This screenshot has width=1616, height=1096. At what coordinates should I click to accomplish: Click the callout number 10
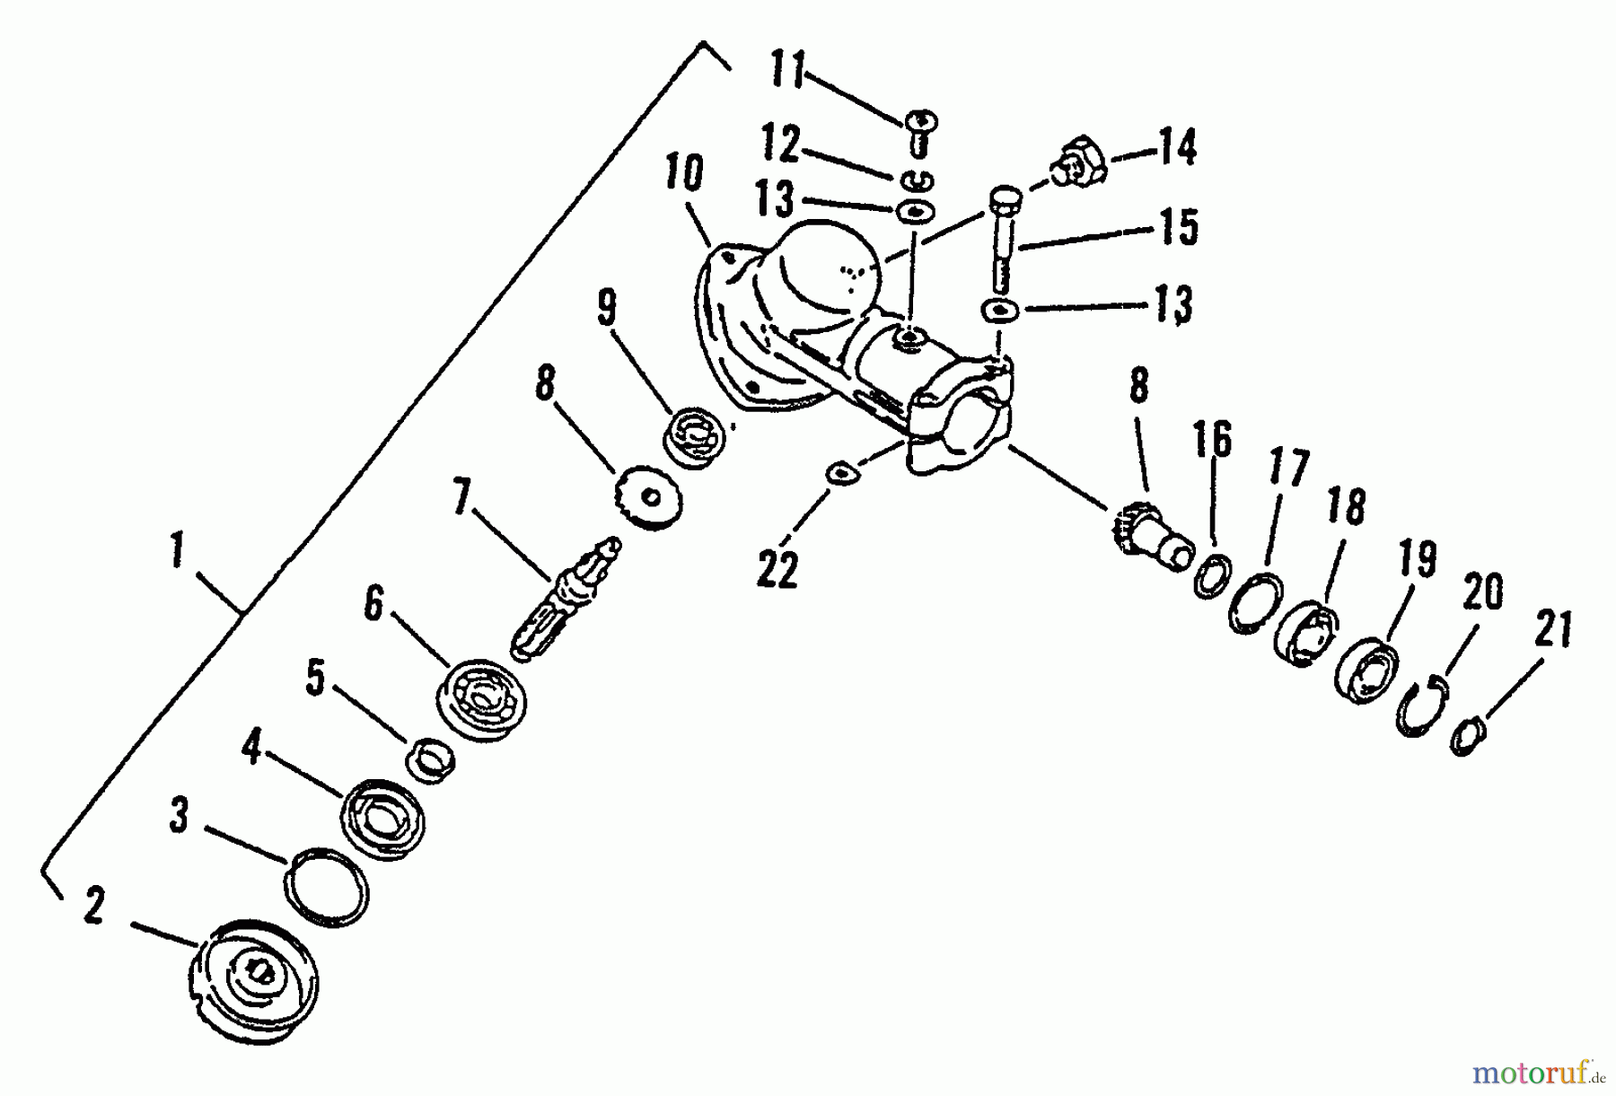(x=685, y=174)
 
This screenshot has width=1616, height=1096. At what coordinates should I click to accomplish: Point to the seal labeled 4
(x=382, y=817)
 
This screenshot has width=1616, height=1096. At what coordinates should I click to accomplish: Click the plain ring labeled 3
(x=326, y=887)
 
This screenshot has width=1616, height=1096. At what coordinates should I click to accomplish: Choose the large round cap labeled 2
(x=255, y=981)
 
